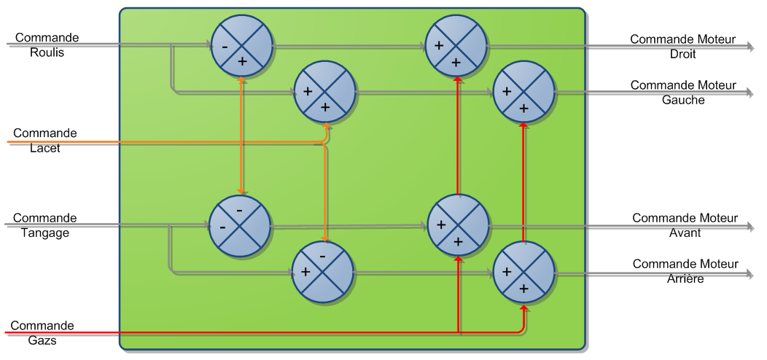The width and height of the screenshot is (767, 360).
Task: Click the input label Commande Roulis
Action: coord(47,44)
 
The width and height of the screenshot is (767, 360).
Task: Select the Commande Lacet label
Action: coord(44,141)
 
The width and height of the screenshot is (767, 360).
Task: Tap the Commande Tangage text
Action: coord(44,225)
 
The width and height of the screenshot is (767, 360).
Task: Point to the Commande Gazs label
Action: coord(42,333)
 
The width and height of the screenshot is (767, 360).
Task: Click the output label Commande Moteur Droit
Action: coord(682,47)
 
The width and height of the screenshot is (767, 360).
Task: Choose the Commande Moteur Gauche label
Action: coord(683,93)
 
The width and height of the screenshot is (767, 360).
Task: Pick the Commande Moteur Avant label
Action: coord(685,225)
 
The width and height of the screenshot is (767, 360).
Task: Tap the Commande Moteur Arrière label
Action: coord(685,271)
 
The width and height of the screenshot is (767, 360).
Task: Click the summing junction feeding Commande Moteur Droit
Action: coord(456,45)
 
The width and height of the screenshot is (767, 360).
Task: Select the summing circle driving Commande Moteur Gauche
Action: coord(524,92)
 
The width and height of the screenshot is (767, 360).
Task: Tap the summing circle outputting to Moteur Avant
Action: coord(458,225)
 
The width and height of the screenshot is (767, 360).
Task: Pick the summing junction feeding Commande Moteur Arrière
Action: coord(524,273)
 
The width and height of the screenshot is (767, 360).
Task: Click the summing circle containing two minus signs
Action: coord(240,226)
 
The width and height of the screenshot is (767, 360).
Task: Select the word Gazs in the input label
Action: coord(42,340)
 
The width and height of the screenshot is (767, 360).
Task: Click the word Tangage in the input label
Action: coord(44,232)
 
